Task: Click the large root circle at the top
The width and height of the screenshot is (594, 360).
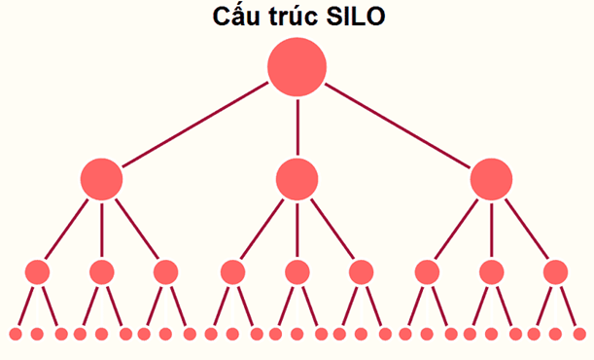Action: (297, 66)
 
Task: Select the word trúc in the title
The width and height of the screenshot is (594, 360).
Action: (292, 17)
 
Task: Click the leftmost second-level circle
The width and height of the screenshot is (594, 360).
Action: (101, 179)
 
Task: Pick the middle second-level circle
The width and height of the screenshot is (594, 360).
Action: (297, 179)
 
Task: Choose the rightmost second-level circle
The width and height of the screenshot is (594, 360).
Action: (491, 179)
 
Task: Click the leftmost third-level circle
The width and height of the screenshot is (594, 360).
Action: (37, 271)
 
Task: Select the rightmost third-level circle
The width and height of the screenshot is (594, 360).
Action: (555, 271)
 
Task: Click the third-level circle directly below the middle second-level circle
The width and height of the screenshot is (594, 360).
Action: (297, 271)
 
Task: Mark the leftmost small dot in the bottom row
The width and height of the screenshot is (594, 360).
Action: (16, 334)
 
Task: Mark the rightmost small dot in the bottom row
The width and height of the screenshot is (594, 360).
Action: (579, 334)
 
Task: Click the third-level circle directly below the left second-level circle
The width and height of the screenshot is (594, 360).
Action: (101, 271)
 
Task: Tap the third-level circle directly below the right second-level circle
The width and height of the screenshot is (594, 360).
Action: (491, 271)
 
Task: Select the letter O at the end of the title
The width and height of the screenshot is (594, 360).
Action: (375, 17)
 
